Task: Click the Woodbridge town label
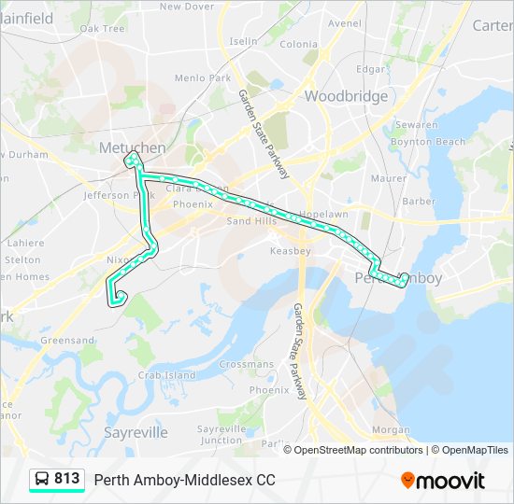tap(346, 96)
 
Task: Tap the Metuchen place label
tap(132, 147)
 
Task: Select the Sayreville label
tap(136, 432)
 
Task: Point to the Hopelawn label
tap(325, 214)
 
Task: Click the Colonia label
tap(298, 44)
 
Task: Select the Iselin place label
tap(243, 41)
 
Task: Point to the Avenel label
tap(344, 23)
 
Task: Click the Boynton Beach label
tap(427, 142)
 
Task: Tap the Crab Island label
tap(167, 375)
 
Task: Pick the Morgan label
tap(391, 430)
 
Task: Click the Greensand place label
tap(67, 341)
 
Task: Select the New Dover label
tap(187, 7)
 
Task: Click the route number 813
tap(66, 479)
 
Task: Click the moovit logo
tap(443, 481)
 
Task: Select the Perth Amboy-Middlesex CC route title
tap(184, 480)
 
